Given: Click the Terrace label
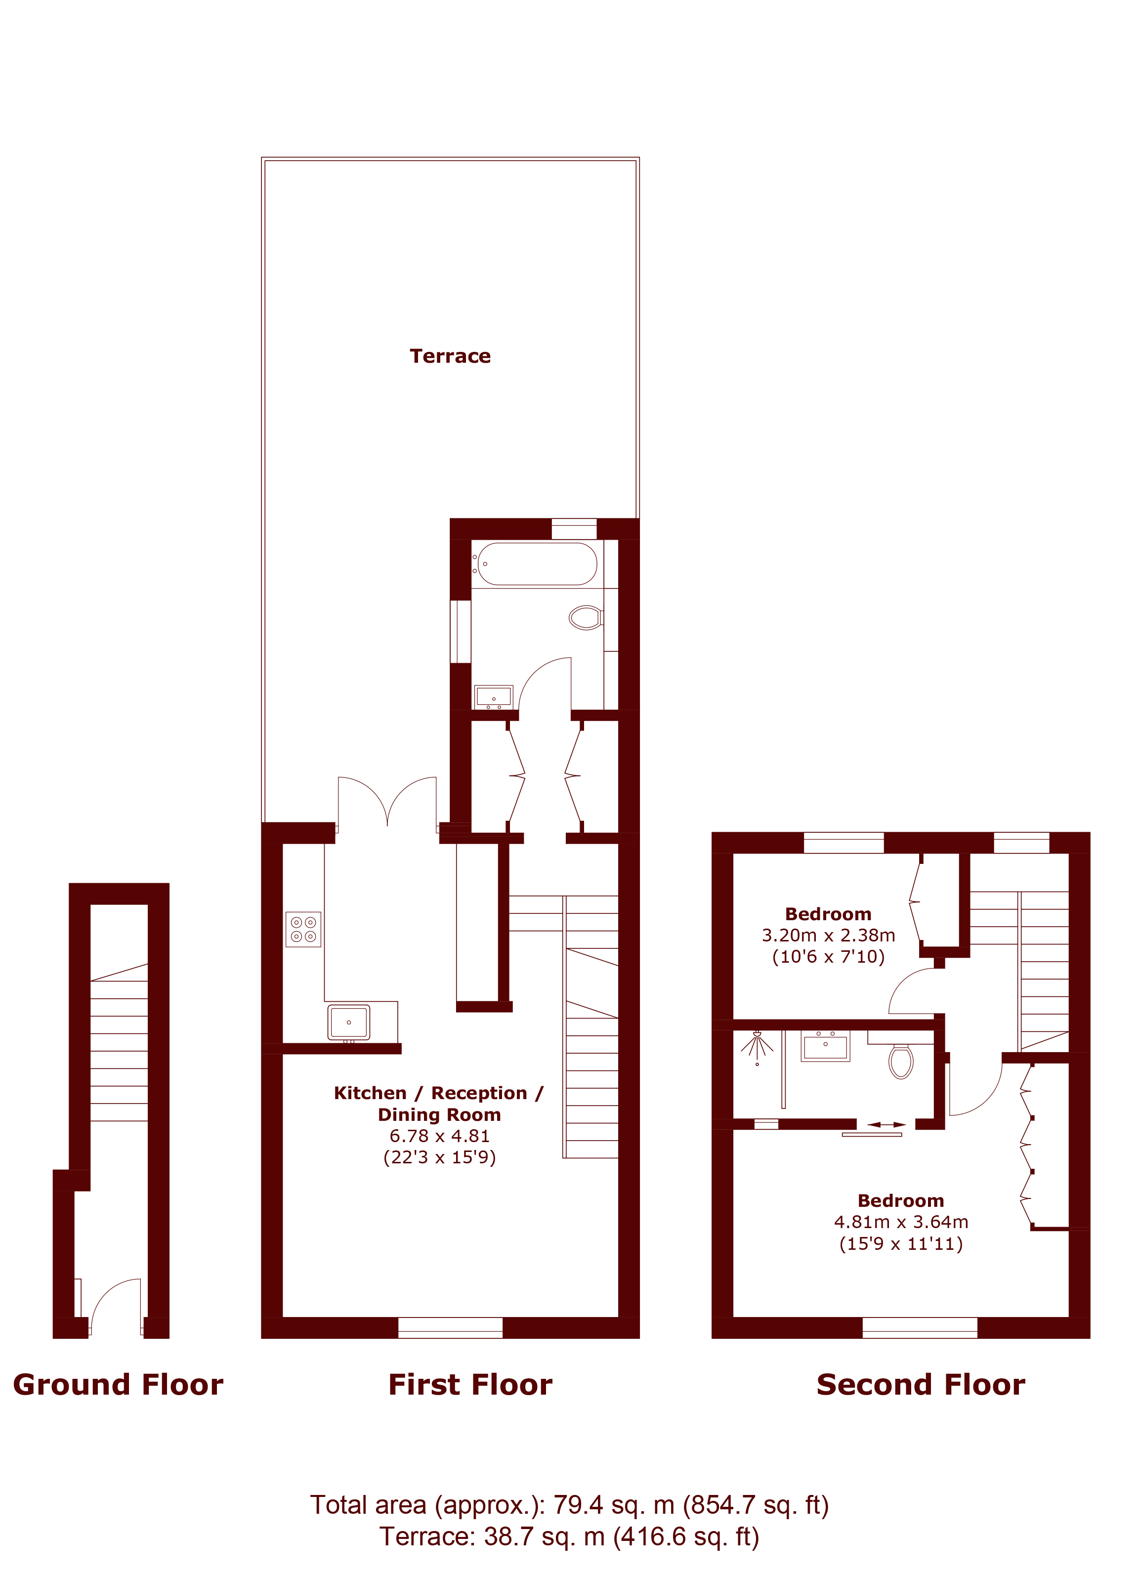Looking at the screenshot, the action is (450, 356).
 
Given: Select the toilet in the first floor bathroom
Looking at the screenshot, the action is (586, 617).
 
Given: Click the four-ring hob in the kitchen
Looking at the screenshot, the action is (303, 929).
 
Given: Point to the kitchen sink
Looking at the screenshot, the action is (349, 1022).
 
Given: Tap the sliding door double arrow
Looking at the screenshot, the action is (886, 1124).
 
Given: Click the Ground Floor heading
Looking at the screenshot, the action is (118, 1385).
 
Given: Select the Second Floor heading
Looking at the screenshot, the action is (921, 1385).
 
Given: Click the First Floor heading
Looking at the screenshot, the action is (470, 1385).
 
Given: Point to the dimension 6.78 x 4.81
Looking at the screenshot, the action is (440, 1136).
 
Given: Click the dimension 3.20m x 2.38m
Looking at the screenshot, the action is (828, 936).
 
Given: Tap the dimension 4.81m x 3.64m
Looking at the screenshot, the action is (901, 1222).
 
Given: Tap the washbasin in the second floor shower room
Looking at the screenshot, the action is (825, 1046).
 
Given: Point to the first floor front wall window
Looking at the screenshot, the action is (450, 1327).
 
